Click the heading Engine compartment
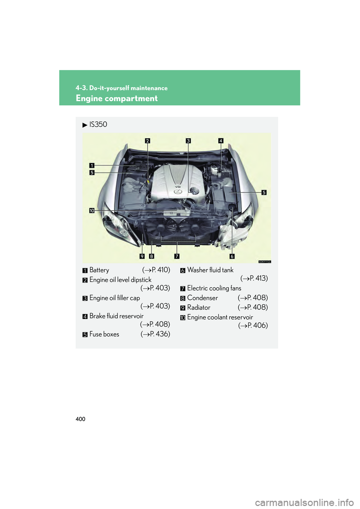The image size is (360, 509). (117, 98)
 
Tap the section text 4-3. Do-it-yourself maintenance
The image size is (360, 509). (121, 88)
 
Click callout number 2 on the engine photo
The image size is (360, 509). (147, 141)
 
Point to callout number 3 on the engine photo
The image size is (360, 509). (188, 141)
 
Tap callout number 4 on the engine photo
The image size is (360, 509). (221, 141)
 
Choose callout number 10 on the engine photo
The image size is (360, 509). (92, 211)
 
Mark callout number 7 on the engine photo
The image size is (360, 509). (177, 256)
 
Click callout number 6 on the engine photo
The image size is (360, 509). (232, 256)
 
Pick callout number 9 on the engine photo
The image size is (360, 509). (142, 256)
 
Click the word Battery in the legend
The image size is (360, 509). (99, 270)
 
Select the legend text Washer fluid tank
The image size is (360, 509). (210, 270)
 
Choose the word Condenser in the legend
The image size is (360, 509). (202, 298)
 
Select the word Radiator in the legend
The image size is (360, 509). (199, 307)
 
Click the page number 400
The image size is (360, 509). (80, 419)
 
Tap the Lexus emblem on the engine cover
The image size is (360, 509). (178, 192)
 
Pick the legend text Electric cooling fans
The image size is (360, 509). (214, 288)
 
